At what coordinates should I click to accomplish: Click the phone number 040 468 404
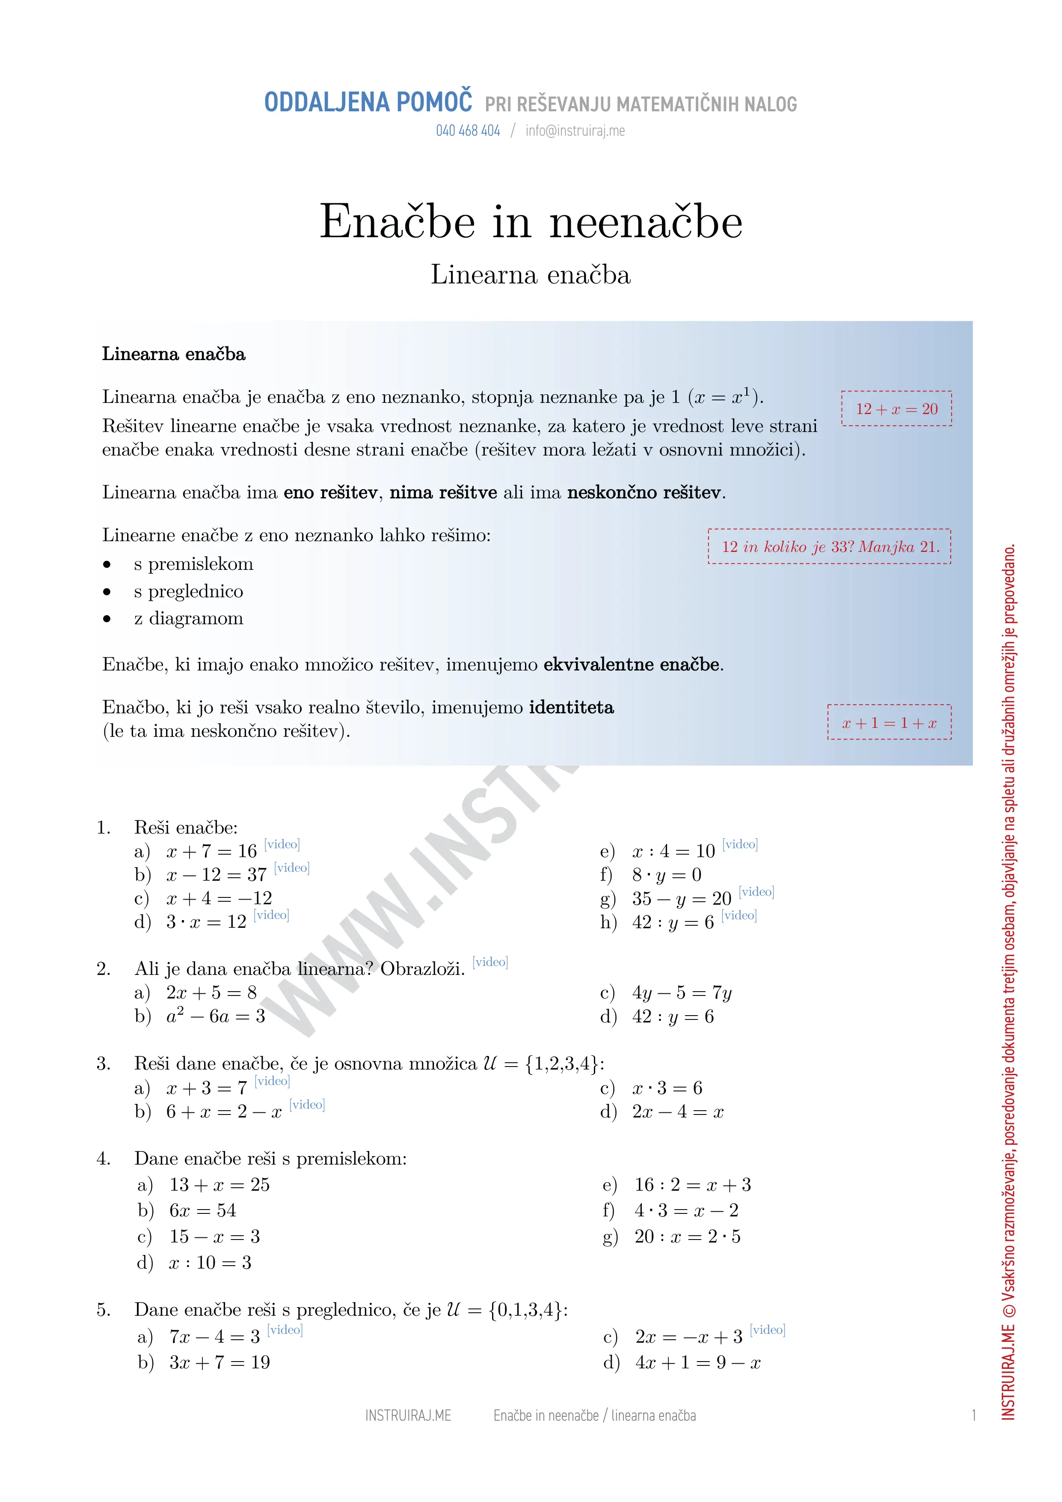point(468,131)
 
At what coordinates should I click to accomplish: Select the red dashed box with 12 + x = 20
point(896,409)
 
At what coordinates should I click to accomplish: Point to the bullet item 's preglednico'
point(188,591)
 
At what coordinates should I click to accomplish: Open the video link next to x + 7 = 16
point(282,844)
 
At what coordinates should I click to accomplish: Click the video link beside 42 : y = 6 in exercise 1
point(739,915)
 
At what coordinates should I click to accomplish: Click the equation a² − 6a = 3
point(215,1016)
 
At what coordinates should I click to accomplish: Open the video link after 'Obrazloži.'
point(490,962)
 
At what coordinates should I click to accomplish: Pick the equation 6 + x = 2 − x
point(224,1112)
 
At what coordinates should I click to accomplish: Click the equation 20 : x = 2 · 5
point(687,1237)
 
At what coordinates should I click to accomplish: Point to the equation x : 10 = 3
point(210,1263)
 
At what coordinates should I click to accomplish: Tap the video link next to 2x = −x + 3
point(767,1329)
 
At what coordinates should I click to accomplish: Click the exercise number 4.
point(103,1159)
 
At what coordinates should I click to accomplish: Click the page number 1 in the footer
point(974,1415)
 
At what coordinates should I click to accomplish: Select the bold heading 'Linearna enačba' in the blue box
point(173,354)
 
